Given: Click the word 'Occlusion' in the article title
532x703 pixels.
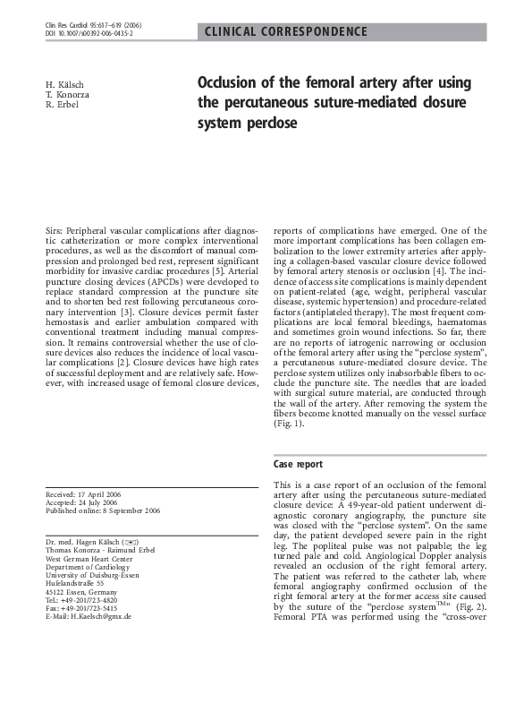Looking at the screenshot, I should tap(234, 84).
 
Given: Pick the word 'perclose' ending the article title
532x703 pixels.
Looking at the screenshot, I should tap(265, 122).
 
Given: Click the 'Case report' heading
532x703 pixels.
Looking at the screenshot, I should tap(298, 465).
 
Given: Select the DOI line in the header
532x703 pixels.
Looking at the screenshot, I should tap(89, 35).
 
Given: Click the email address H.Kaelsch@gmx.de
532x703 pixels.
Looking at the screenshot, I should tap(89, 617).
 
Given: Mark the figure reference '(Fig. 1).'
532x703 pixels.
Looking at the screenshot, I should tap(290, 424).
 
